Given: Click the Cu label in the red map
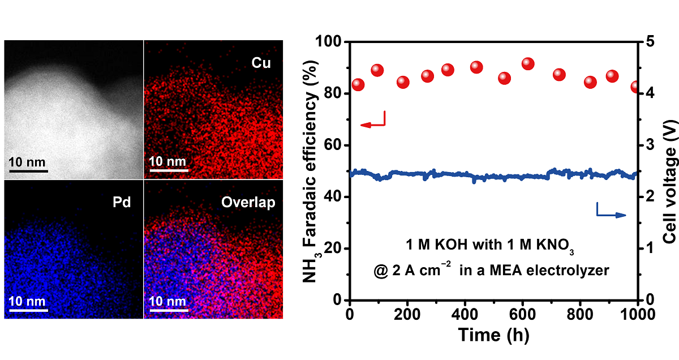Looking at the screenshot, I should pos(261,63).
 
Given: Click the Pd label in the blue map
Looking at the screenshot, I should pos(121,202).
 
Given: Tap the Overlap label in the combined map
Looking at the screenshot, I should pos(252,202).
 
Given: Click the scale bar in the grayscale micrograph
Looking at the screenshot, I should pos(28,170).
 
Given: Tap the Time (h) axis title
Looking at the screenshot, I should pos(493,335).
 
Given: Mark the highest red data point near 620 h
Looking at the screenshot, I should pos(528,64).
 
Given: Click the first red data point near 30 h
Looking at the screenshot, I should pos(358,85).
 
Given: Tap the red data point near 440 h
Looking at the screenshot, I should pos(476,67).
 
